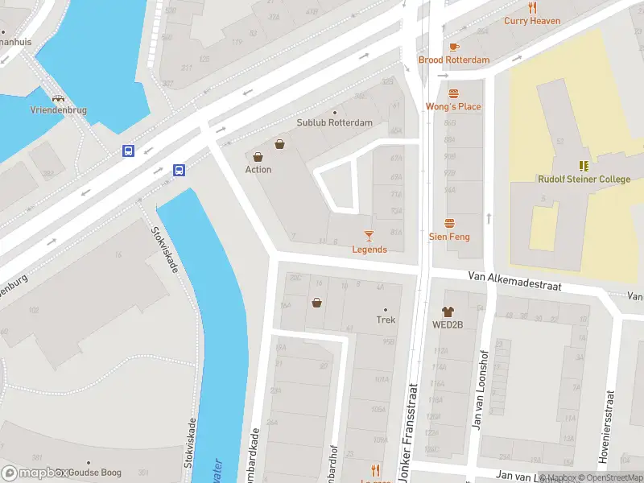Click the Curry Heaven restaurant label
click(x=532, y=21)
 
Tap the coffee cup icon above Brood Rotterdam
click(x=454, y=47)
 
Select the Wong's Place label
click(x=453, y=106)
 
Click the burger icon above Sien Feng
click(x=449, y=223)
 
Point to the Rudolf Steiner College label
click(x=584, y=179)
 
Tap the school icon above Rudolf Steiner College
click(x=584, y=165)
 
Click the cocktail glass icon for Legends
click(x=369, y=236)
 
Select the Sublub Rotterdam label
click(x=334, y=122)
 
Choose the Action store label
click(x=258, y=169)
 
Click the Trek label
click(x=386, y=320)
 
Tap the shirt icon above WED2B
click(x=448, y=311)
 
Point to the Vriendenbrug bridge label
click(x=59, y=109)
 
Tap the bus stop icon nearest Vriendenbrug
click(x=128, y=151)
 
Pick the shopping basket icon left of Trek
click(x=316, y=303)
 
